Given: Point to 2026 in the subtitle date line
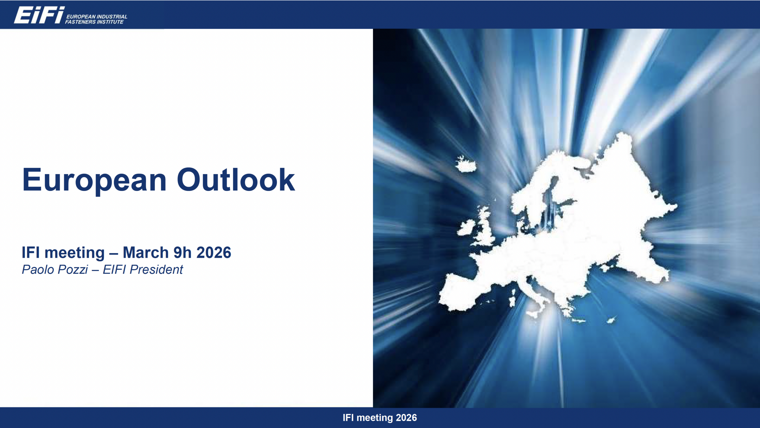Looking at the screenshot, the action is [214, 252].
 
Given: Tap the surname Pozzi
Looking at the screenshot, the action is [73, 270].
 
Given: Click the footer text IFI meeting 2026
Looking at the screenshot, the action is [380, 418].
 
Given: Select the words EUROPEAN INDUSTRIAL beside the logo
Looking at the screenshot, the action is [97, 17].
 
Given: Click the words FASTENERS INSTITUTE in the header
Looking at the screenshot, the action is [94, 22].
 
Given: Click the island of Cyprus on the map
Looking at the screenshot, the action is [611, 320].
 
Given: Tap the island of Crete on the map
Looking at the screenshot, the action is [578, 320].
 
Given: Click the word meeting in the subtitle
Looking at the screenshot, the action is [75, 253].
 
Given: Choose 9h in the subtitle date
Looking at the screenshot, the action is [183, 252].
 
